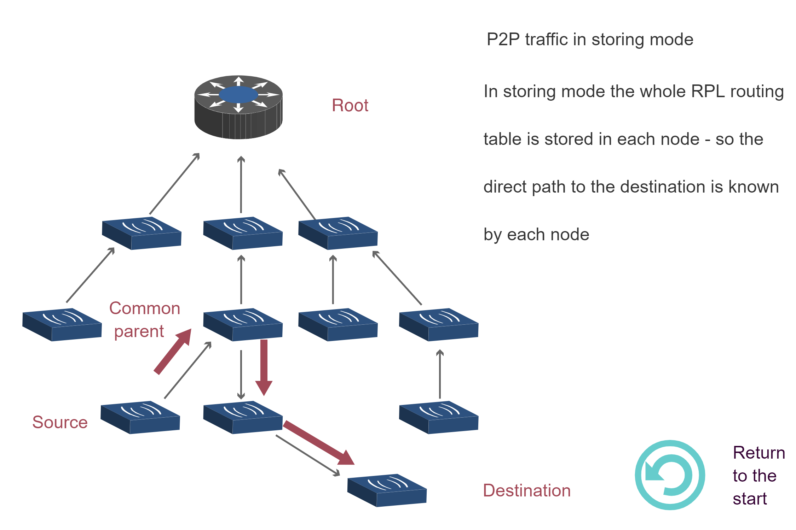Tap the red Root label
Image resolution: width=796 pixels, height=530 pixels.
[x=350, y=106]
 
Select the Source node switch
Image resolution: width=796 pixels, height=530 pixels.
[x=140, y=417]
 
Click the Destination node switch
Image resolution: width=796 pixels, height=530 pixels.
[x=387, y=490]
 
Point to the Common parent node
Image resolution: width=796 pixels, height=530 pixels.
[x=243, y=325]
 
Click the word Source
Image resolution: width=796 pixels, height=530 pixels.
[x=60, y=422]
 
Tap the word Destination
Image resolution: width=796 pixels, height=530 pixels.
[x=527, y=491]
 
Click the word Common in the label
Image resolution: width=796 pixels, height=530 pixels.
[x=145, y=308]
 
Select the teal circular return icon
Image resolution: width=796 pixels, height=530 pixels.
[x=670, y=475]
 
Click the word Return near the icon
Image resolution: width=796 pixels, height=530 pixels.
[x=758, y=453]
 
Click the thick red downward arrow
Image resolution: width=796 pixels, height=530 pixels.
[x=264, y=367]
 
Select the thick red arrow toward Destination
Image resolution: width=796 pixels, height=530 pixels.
[x=318, y=443]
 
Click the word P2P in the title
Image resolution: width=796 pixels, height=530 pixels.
[x=503, y=39]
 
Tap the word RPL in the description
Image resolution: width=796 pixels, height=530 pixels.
[x=708, y=92]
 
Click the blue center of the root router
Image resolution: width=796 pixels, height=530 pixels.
[x=238, y=95]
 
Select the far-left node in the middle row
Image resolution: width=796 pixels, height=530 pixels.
[x=62, y=325]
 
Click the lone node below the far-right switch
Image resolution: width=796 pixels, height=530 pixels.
[x=439, y=417]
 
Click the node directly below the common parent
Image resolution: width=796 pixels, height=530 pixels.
[x=243, y=417]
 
